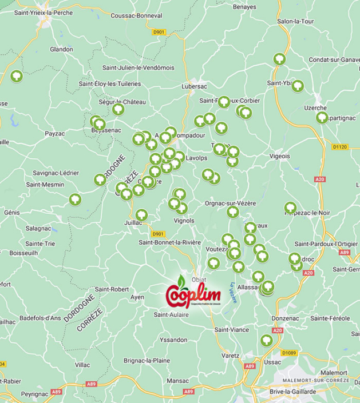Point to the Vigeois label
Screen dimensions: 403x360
coord(279,155)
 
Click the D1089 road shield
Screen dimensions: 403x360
coord(290,353)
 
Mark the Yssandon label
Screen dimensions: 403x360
coord(173,340)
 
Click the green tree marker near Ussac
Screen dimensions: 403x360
coord(266,340)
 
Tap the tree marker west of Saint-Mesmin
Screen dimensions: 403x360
coord(74,199)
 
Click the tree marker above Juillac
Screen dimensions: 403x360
coord(141,214)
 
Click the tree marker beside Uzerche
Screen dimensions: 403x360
coord(322,118)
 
